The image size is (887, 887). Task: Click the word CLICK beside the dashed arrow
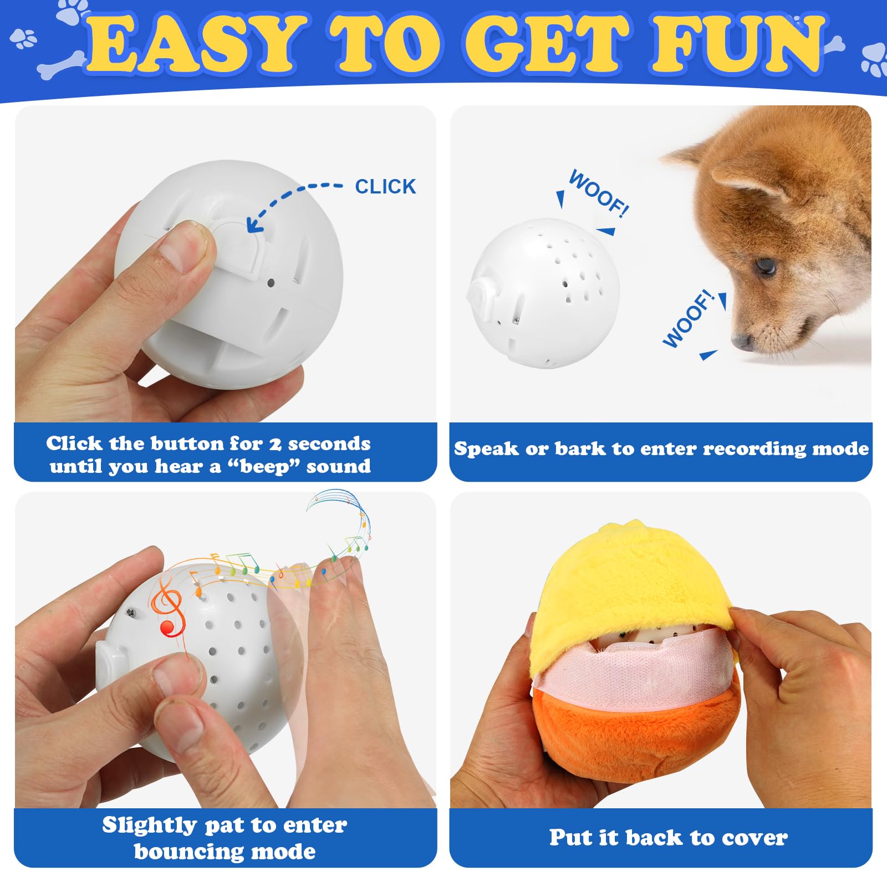(385, 187)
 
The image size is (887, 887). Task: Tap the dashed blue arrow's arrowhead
(254, 224)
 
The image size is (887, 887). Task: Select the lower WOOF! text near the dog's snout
(688, 319)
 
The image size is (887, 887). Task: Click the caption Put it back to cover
(668, 838)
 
